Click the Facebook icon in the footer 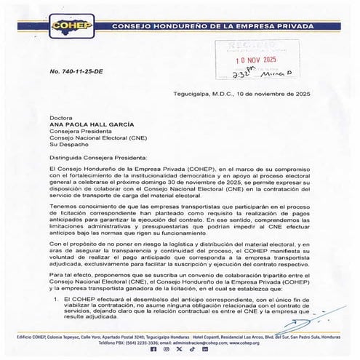coord(152,349)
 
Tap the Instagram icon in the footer coord(166,349)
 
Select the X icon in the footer coord(180,349)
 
